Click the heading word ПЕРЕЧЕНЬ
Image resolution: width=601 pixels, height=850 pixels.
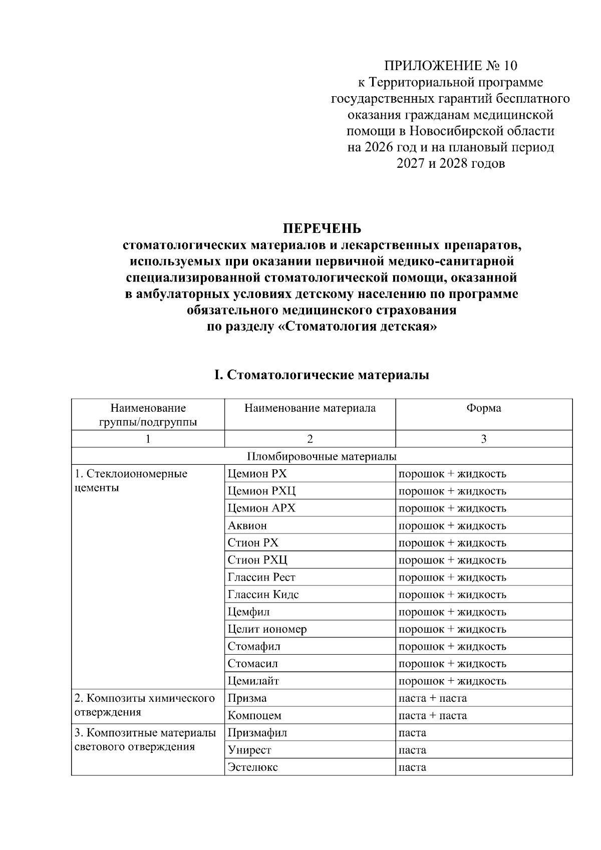pos(322,229)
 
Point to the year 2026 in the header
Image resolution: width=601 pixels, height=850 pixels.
pos(380,147)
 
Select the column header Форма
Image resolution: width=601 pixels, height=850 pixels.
pos(483,408)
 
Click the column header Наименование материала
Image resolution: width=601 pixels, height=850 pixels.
pos(310,408)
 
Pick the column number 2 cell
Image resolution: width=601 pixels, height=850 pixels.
pos(310,439)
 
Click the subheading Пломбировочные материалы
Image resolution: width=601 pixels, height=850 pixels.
pos(322,456)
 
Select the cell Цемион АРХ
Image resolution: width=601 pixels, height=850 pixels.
pos(261,508)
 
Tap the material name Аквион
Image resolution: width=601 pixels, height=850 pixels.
pos(247,526)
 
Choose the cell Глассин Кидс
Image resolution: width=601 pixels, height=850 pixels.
pos(263,595)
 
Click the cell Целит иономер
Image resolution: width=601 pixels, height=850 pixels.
pos(267,629)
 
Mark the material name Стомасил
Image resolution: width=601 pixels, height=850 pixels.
pos(252,664)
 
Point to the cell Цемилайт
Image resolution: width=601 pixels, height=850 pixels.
pos(253,681)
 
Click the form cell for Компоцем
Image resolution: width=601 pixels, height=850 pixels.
pos(432,716)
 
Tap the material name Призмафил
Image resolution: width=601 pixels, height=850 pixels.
pos(257,733)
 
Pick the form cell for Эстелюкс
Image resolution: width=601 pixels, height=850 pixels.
pos(412,767)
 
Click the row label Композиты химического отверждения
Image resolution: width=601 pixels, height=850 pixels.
pos(144,705)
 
